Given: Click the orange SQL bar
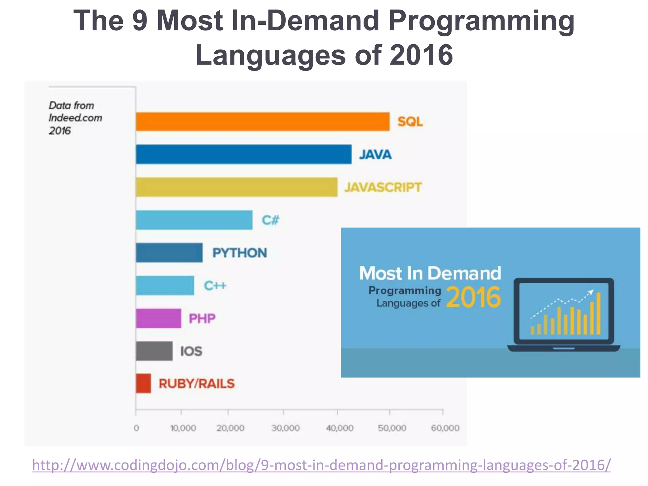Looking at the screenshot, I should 263,121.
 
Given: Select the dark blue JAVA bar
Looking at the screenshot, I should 244,154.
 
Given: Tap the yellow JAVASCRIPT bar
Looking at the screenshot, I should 237,187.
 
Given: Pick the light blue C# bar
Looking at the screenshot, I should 194,220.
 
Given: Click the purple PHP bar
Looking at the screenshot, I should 159,318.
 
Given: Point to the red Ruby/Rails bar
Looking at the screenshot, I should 143,383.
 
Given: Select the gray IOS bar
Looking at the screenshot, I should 154,351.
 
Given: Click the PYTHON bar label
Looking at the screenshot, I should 240,253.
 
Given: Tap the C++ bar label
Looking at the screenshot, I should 215,286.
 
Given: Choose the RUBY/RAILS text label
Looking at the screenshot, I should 196,384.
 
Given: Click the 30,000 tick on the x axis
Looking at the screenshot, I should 285,428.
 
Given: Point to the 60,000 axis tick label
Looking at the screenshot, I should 445,428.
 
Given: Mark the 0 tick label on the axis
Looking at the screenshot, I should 136,428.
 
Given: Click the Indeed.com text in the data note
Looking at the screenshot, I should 75,118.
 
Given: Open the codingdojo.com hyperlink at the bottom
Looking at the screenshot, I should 321,465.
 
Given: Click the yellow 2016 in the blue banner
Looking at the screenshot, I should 473,297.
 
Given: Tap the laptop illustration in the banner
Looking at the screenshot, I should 564,315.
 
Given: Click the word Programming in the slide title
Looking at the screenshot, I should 481,21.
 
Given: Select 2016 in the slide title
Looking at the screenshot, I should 421,55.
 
